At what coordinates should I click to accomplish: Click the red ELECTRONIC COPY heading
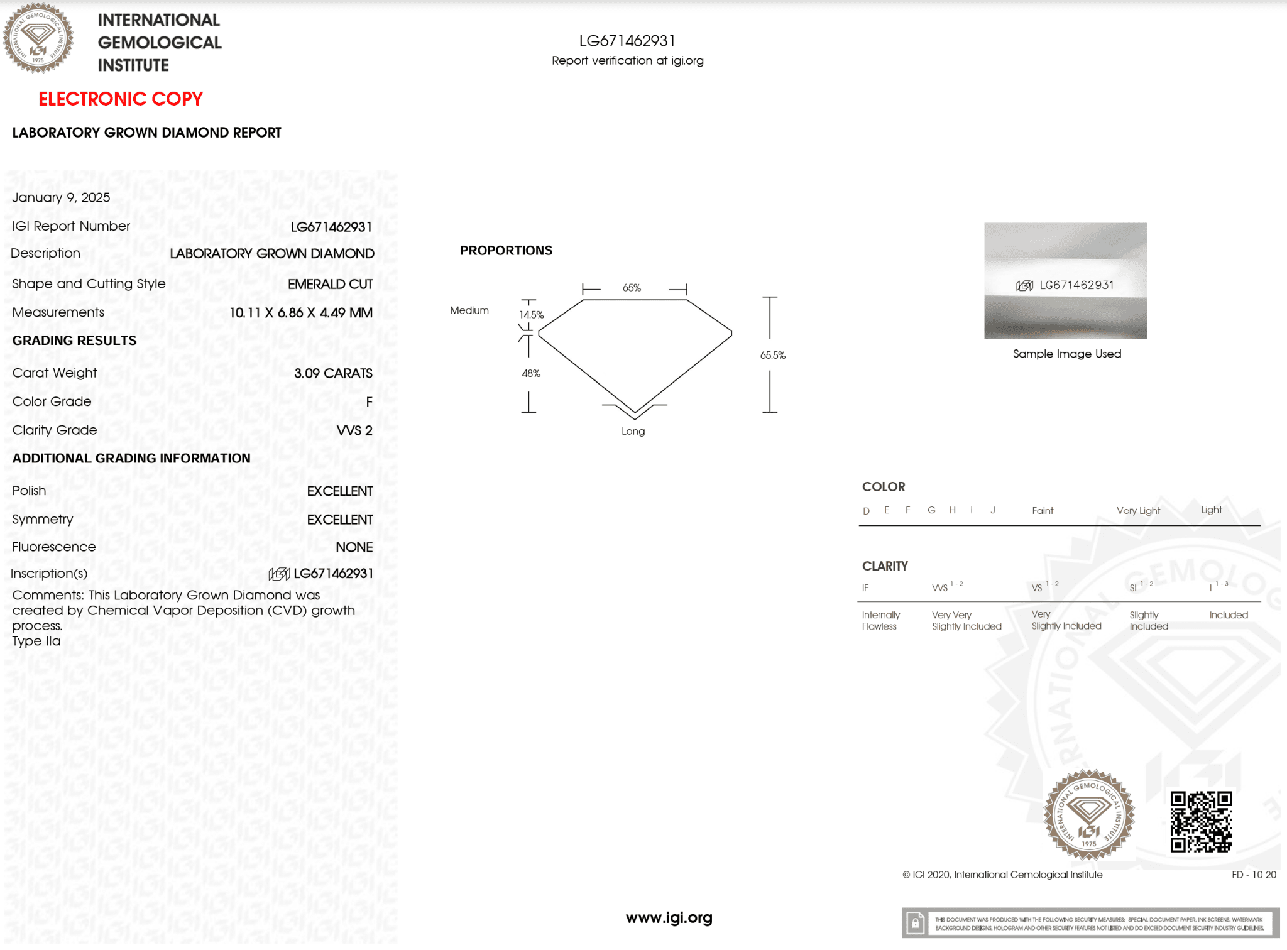(x=121, y=99)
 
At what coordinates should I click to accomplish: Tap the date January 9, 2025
(x=61, y=197)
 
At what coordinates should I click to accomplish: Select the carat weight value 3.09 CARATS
(x=333, y=373)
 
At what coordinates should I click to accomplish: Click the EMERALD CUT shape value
(x=330, y=284)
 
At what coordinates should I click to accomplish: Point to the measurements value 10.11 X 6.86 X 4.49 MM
(x=300, y=312)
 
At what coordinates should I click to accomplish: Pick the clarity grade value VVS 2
(x=354, y=430)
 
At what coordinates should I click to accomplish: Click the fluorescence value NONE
(x=354, y=547)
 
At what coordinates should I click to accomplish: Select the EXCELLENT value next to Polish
(x=339, y=491)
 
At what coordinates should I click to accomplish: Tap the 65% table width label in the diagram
(x=632, y=288)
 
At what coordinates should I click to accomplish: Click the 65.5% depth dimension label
(x=772, y=355)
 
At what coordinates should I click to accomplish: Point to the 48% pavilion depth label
(x=531, y=373)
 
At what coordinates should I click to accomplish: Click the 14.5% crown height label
(x=531, y=315)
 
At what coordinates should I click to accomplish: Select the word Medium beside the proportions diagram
(x=469, y=310)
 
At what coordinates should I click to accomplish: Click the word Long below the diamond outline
(x=633, y=431)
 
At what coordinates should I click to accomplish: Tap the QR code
(x=1201, y=821)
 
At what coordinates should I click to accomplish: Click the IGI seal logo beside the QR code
(x=1088, y=815)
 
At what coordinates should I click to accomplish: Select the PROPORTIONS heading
(x=506, y=251)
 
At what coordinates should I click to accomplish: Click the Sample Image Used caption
(x=1066, y=354)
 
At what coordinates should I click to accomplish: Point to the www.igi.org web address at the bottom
(x=669, y=918)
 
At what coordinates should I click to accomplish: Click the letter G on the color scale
(x=931, y=510)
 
